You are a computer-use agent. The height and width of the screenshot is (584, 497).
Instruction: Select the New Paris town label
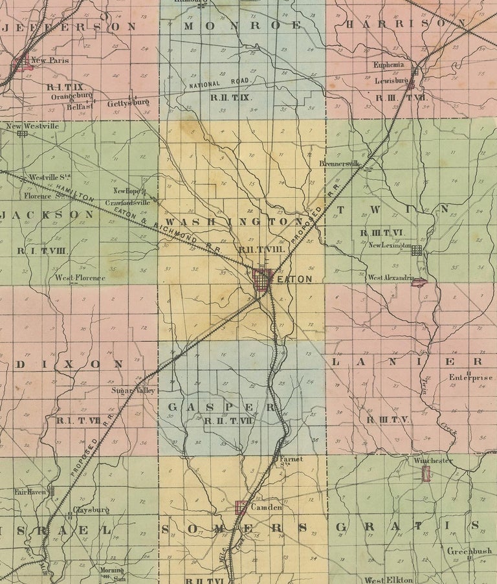[x=50, y=60]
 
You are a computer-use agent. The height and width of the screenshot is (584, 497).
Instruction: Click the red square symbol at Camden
[x=241, y=508]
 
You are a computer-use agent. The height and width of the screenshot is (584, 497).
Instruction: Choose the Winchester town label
[x=433, y=460]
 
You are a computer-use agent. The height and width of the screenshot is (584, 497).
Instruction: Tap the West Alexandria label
[x=390, y=278]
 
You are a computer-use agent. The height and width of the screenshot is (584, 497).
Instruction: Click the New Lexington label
[x=390, y=246]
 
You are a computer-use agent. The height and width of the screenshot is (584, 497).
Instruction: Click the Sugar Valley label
[x=134, y=391]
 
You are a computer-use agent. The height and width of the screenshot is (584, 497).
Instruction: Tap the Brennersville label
[x=342, y=164]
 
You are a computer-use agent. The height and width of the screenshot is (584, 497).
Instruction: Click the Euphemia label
[x=389, y=65]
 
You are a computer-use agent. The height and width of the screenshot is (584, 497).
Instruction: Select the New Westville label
[x=32, y=126]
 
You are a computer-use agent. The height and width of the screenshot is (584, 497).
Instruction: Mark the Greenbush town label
[x=469, y=551]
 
